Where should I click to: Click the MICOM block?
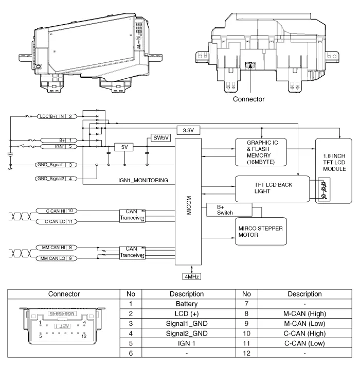(189, 204)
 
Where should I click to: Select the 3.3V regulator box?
(188, 130)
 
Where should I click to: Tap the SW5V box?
(158, 138)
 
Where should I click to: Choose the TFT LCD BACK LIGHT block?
(272, 189)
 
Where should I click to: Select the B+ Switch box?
(229, 210)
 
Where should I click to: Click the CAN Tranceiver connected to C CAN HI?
(131, 215)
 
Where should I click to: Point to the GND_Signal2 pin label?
(50, 179)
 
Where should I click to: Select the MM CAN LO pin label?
(52, 258)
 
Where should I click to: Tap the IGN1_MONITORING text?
(141, 181)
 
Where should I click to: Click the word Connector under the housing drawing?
(249, 99)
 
